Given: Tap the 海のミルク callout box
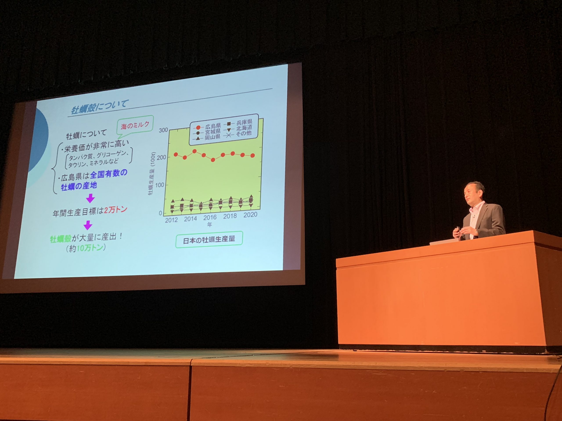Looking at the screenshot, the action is [135, 125].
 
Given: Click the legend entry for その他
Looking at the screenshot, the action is [238, 134].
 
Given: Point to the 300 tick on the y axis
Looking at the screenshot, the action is [163, 130].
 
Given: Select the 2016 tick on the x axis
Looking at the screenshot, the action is [210, 218].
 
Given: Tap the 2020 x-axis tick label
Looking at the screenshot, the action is [250, 215].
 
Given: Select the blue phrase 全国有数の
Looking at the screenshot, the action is [109, 174].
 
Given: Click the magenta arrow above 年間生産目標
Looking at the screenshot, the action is [90, 198].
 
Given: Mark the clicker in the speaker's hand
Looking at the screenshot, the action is [458, 231].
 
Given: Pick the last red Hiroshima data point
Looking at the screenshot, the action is [252, 155].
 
